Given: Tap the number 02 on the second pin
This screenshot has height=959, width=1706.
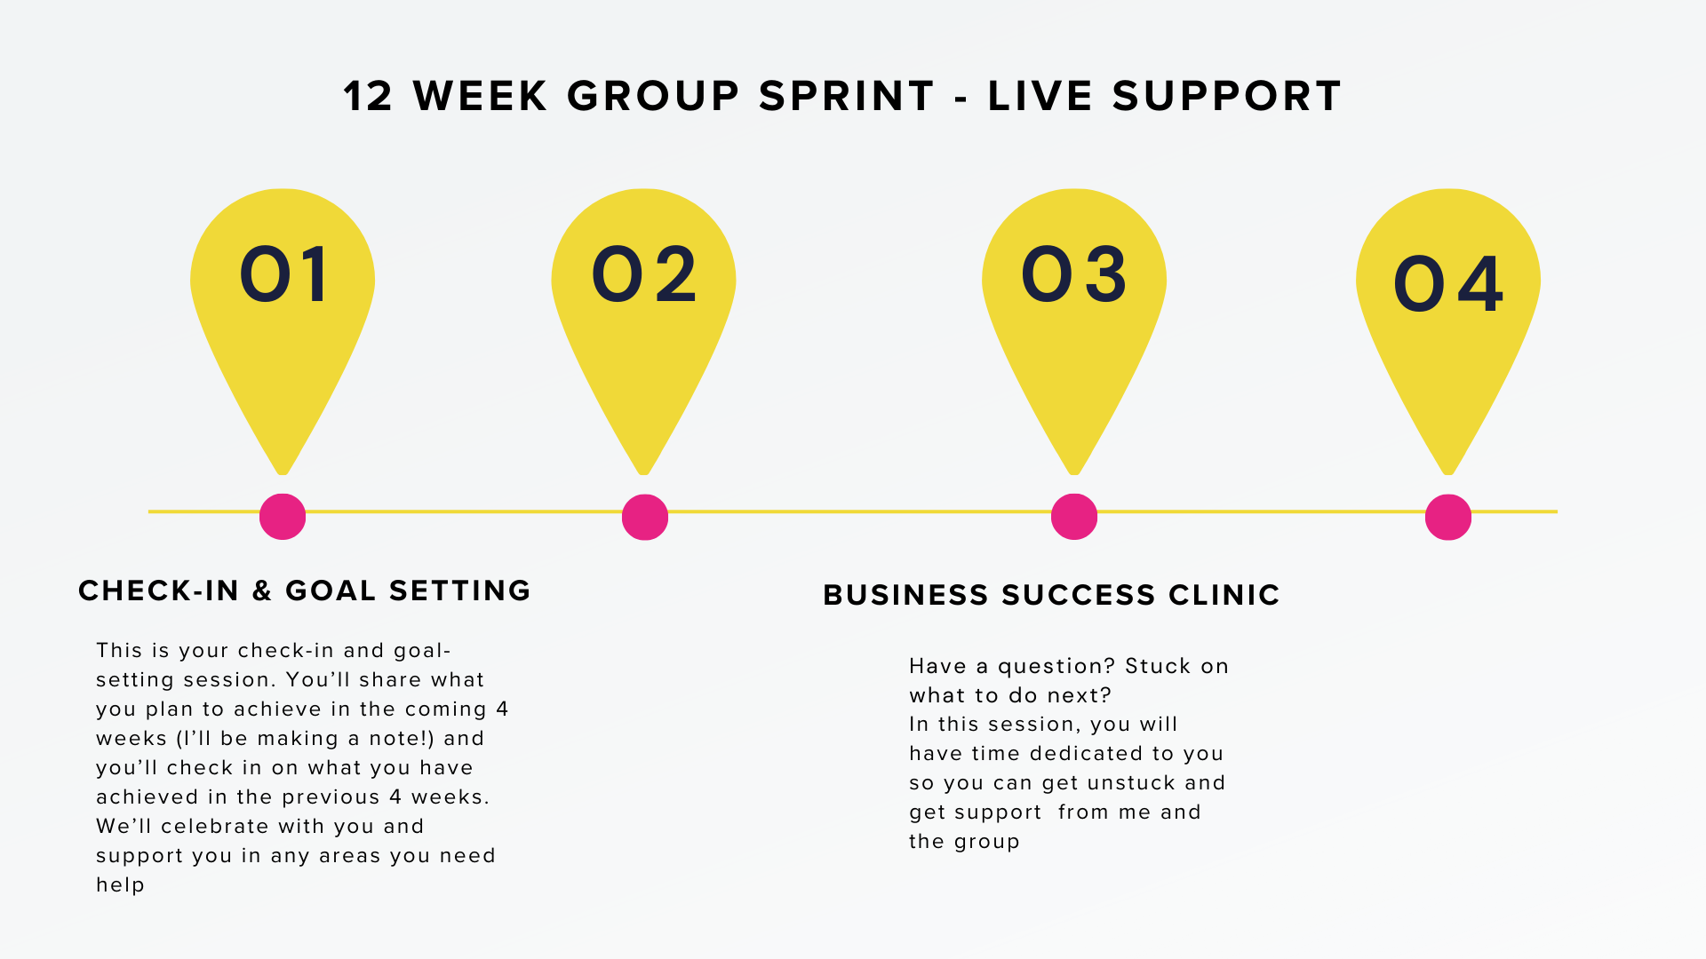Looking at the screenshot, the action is coord(644,274).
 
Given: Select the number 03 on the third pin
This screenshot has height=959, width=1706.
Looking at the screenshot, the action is coord(1074,274).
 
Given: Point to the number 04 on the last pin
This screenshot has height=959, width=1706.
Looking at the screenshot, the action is coord(1448,284).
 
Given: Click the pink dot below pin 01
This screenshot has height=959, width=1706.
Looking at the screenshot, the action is coord(283,517).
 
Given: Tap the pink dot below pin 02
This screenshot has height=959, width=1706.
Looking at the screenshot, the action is coord(645,517).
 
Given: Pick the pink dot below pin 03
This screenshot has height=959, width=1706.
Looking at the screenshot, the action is coord(1074,517).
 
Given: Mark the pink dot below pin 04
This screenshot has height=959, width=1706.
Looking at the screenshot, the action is coord(1448,517).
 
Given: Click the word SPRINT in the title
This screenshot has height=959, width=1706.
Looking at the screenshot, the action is coord(847,96).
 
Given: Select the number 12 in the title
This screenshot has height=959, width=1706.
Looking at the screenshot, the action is coord(368,96).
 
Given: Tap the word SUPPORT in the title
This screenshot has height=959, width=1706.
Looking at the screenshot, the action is coord(1226,96).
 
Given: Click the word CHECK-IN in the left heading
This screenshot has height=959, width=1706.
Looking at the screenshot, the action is coord(158,590).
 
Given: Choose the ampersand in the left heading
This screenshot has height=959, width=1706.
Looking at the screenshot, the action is coord(262,590).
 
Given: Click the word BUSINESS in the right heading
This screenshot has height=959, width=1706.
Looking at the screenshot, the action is coord(905,595).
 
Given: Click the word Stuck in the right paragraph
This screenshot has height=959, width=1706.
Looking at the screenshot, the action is coord(1158,666).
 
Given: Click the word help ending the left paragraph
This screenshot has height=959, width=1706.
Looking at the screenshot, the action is coord(120,885).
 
